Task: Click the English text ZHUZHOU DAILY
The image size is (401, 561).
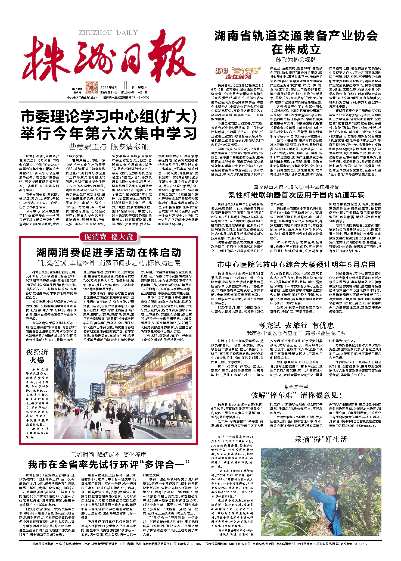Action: coord(108,33)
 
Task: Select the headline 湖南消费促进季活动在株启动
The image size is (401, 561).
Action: coord(109,253)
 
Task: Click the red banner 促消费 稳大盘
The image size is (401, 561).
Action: coord(109,237)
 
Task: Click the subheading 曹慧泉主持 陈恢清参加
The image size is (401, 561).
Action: coord(109,147)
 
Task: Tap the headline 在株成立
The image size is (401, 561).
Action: coord(296,49)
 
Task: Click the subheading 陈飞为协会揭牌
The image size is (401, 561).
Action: coord(296,60)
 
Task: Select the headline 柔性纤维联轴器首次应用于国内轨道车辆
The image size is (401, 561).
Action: coord(296,195)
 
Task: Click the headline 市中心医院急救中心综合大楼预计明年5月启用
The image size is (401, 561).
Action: coord(296,264)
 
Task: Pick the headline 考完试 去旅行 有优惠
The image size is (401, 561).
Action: coord(296,325)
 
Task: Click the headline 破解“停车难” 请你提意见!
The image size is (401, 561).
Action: coord(296,395)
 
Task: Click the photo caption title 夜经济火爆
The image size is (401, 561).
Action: coord(37,356)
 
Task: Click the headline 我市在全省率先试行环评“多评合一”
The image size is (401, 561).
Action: coord(109,465)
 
